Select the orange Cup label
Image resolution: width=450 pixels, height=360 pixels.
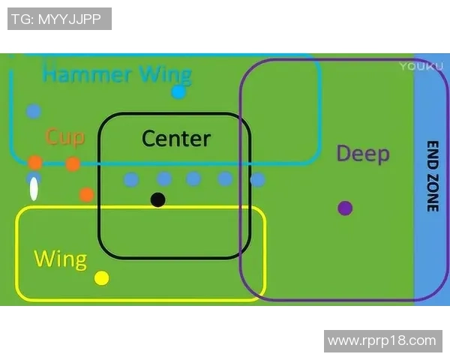(x=65, y=136)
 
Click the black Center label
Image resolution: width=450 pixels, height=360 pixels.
(x=176, y=138)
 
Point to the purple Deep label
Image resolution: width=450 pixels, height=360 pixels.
(x=363, y=154)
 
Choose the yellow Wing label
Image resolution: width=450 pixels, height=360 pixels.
(x=60, y=259)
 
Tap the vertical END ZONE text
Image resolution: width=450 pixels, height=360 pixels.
(x=432, y=176)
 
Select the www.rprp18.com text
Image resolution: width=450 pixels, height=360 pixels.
(x=382, y=340)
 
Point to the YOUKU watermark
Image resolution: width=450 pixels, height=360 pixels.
(x=416, y=66)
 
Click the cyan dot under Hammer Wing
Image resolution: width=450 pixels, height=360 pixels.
(x=178, y=92)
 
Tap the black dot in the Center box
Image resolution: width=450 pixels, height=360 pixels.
(x=157, y=199)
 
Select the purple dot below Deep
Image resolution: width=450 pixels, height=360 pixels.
(x=345, y=208)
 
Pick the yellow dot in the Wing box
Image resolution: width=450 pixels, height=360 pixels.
(x=102, y=278)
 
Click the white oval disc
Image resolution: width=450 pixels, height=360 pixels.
(x=34, y=190)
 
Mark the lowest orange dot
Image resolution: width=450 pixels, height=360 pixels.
(x=86, y=195)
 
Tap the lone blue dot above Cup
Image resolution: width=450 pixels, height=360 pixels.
(x=33, y=111)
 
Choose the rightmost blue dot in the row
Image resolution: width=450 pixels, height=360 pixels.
(x=257, y=180)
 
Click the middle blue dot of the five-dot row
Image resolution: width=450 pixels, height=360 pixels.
(x=193, y=178)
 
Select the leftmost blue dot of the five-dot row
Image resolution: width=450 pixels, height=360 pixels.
(x=131, y=179)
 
